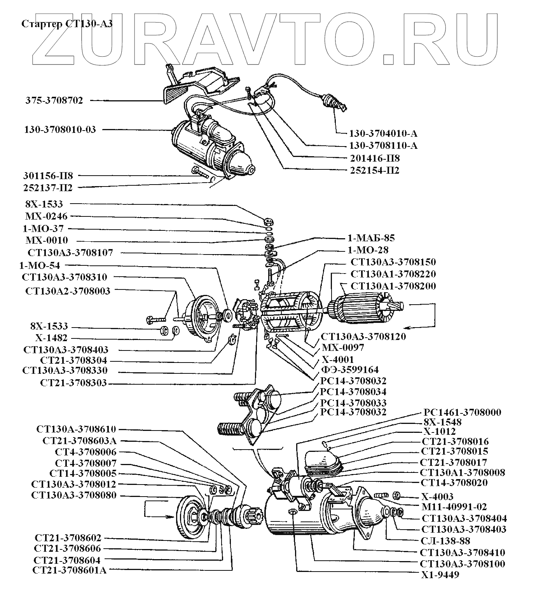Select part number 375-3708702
(x=54, y=100)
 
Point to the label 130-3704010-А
(x=383, y=134)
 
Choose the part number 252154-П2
(x=374, y=170)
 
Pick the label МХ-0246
(x=46, y=216)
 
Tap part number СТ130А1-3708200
(x=393, y=286)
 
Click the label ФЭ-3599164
(x=350, y=370)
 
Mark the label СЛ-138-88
(x=446, y=540)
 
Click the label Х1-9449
(x=440, y=575)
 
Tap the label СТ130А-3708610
(x=76, y=429)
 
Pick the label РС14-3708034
(x=353, y=392)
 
